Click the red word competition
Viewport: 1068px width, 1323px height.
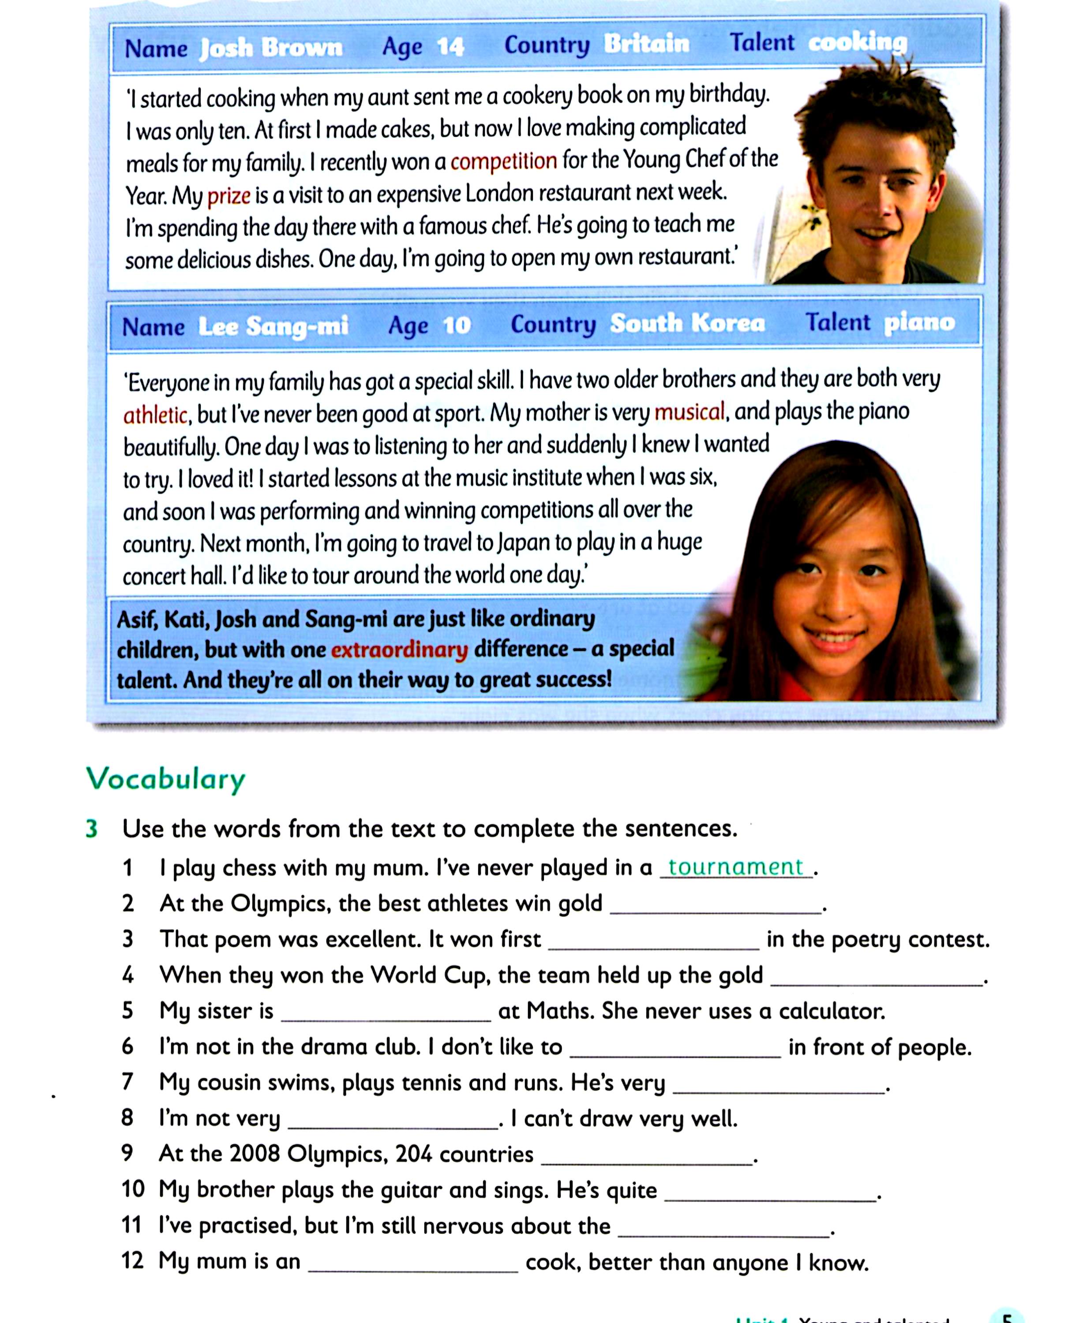point(503,161)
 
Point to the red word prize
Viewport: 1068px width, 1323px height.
point(228,196)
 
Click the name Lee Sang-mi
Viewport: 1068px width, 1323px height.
point(273,326)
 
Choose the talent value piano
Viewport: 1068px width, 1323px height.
point(919,321)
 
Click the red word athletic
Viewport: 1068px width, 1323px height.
point(155,415)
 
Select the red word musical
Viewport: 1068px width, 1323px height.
point(689,411)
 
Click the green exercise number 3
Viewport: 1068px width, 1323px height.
point(92,829)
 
